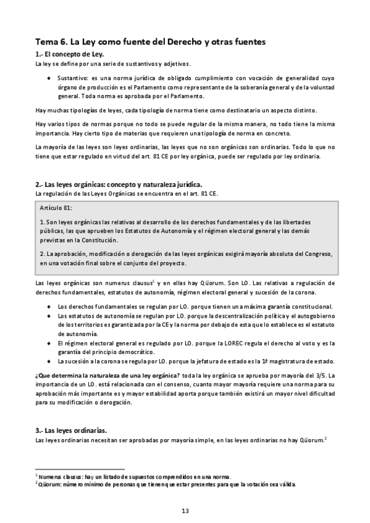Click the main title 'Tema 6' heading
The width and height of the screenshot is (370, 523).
[151, 42]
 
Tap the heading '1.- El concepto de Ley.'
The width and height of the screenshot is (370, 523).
[74, 55]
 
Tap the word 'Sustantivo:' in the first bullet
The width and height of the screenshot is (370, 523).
[72, 78]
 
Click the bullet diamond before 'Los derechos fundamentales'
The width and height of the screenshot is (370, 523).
[49, 307]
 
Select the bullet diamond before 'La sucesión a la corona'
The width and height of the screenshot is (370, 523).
[49, 361]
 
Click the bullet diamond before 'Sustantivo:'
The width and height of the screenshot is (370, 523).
[49, 78]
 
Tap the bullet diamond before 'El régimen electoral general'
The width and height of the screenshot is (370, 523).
[49, 343]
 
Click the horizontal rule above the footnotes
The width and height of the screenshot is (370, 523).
[80, 469]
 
